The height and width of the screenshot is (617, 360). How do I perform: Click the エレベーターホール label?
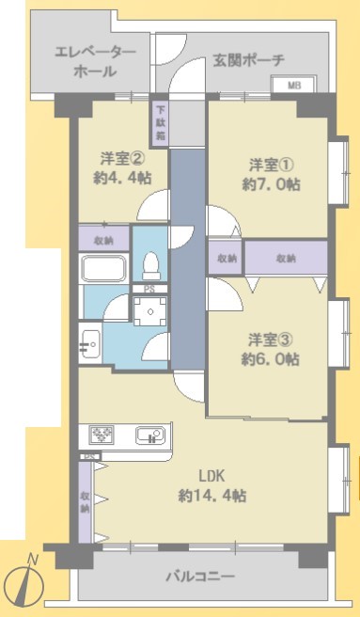pos(95,62)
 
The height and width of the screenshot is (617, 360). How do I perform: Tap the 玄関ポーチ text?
pos(249,60)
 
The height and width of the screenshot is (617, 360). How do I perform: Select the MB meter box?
pos(293,85)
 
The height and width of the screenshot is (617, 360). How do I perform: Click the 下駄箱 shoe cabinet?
pos(161,123)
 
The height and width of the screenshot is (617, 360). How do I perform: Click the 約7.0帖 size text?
pos(271,183)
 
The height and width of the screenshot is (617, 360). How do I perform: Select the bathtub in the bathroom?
pos(104,268)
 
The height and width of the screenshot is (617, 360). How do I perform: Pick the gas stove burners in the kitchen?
pos(102,435)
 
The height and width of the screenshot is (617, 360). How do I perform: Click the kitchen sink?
pos(149,435)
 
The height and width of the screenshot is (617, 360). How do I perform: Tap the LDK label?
pos(211,476)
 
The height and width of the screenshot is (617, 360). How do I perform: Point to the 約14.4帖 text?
pos(212,495)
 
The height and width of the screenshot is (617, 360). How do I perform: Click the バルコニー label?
pos(200,577)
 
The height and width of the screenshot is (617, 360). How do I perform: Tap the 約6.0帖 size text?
pos(270,359)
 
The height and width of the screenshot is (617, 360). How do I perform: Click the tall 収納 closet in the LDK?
pos(85,502)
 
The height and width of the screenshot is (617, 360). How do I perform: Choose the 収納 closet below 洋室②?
pos(104,238)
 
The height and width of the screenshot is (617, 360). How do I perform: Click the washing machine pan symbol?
pos(150,311)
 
